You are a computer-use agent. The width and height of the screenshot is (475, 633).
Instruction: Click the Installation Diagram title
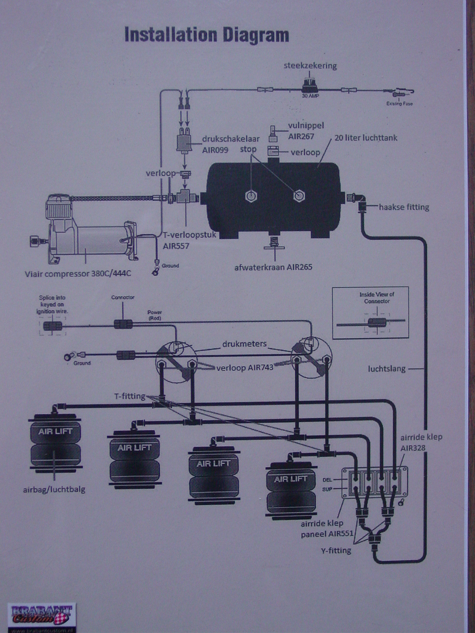tap(207, 35)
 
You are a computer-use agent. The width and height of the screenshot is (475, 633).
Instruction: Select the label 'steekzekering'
tap(310, 66)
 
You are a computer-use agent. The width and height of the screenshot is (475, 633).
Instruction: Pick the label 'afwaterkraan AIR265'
tap(273, 267)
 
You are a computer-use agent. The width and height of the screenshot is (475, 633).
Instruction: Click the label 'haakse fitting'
tap(404, 207)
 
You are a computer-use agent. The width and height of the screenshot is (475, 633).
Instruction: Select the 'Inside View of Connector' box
tap(370, 313)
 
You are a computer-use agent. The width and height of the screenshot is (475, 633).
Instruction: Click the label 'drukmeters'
tap(244, 344)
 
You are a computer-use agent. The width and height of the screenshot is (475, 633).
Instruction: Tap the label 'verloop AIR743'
tap(245, 368)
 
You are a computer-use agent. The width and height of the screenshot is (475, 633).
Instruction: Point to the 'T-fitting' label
tap(130, 396)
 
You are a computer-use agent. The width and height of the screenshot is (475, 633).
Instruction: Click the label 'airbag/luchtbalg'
tap(54, 489)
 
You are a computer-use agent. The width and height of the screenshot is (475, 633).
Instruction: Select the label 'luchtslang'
tap(387, 369)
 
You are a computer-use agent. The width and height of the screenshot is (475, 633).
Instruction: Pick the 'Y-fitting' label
tap(336, 550)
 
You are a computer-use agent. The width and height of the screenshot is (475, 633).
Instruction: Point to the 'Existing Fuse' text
tap(399, 104)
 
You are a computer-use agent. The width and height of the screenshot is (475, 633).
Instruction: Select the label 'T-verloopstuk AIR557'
tap(190, 240)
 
